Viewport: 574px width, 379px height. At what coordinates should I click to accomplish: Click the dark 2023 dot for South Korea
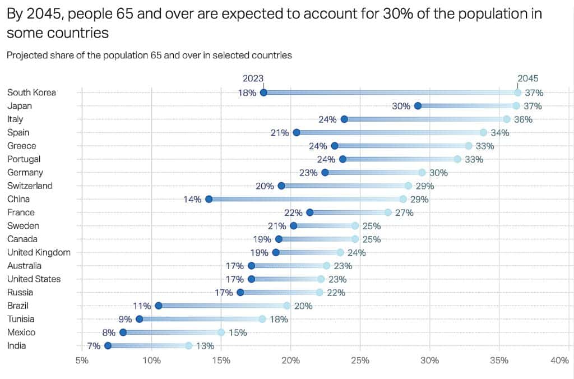(263, 93)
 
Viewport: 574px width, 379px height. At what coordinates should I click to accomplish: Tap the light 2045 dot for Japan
(516, 106)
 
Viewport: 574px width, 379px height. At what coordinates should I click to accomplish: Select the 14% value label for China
(192, 199)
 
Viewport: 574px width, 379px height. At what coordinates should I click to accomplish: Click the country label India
(17, 346)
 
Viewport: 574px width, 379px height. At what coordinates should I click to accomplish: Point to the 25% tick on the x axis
(360, 362)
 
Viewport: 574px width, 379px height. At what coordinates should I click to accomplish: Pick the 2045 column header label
(527, 78)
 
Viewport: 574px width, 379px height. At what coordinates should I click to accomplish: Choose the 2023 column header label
(253, 78)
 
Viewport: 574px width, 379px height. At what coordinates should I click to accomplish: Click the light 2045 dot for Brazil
(287, 306)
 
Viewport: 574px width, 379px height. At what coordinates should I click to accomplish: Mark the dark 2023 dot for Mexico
(123, 332)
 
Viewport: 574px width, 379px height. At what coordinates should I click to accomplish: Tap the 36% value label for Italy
(523, 119)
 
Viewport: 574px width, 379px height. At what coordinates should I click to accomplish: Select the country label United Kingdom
(39, 252)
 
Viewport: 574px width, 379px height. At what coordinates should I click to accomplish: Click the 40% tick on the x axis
(559, 362)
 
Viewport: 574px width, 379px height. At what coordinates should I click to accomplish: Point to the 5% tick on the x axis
(82, 362)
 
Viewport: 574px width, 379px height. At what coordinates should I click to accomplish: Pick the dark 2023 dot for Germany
(325, 173)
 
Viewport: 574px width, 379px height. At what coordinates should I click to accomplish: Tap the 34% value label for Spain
(499, 133)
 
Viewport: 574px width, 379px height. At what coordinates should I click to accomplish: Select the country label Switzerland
(30, 186)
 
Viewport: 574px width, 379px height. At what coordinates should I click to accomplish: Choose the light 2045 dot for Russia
(320, 292)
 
